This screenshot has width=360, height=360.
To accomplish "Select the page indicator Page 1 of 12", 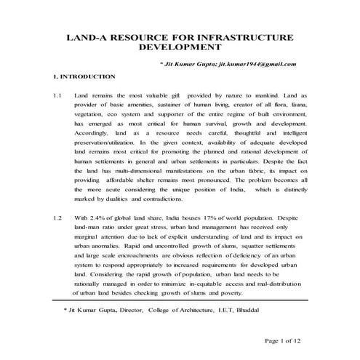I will coord(288,340).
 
